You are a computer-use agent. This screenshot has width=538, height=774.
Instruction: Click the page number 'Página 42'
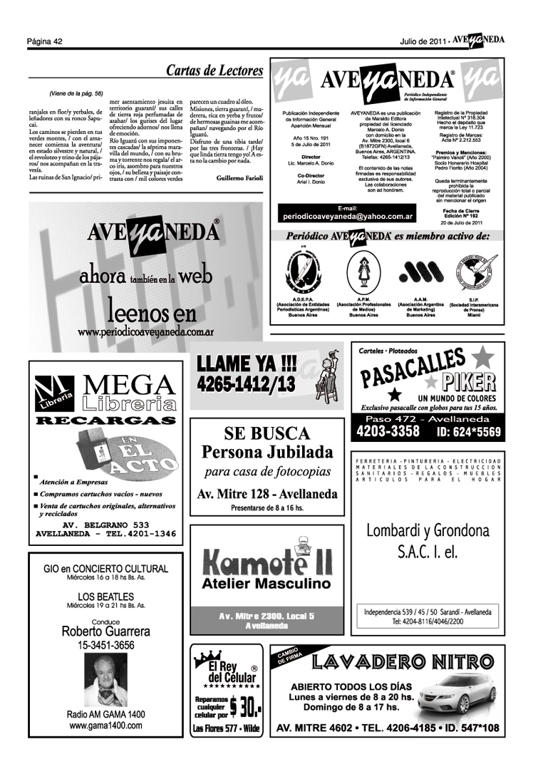pos(46,41)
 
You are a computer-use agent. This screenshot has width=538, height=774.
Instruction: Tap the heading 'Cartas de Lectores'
pos(214,71)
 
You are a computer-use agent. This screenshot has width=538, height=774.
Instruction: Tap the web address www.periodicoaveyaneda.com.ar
pos(146,332)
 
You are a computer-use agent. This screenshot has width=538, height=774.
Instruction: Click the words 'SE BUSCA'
pos(267,433)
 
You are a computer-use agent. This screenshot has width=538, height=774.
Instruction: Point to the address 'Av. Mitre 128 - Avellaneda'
pos(267,493)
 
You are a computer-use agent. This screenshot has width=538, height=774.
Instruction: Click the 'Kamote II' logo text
pos(267,562)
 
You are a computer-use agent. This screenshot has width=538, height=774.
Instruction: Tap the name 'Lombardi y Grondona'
pos(428,531)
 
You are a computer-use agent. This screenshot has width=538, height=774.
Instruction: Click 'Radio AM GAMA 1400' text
pos(106,714)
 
